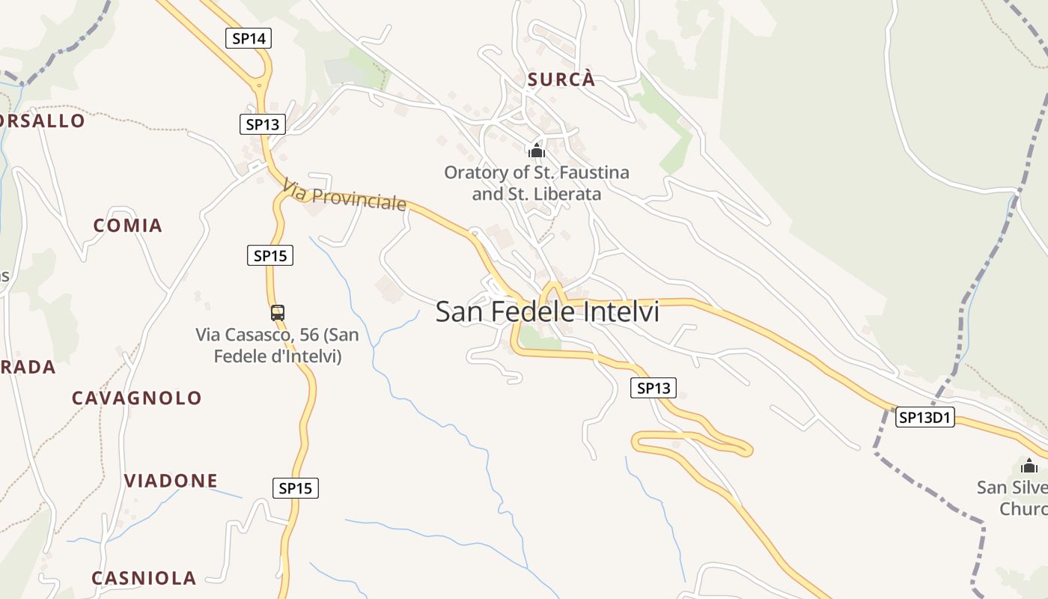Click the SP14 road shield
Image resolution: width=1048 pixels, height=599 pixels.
click(x=249, y=38)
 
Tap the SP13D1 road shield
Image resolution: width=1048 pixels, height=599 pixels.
click(x=925, y=418)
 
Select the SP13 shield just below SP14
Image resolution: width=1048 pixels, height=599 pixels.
click(x=263, y=124)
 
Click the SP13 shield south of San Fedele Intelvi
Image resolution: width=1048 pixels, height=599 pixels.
click(x=654, y=388)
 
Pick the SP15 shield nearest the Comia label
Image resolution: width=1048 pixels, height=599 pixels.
click(x=270, y=255)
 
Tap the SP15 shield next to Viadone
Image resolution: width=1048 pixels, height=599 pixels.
click(x=296, y=488)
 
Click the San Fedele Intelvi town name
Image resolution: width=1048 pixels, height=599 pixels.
click(x=547, y=311)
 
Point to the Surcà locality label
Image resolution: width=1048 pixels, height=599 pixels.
click(x=561, y=79)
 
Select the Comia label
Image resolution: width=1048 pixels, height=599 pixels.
click(x=127, y=225)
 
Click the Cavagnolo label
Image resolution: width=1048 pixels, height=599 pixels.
click(x=137, y=398)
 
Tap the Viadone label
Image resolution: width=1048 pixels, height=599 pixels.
click(x=171, y=481)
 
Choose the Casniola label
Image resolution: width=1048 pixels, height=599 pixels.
click(x=144, y=578)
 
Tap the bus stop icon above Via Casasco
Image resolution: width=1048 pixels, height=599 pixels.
click(x=278, y=312)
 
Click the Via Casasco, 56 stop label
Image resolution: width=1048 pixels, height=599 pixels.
click(x=278, y=345)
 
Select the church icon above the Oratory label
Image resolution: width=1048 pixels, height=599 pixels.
click(x=536, y=150)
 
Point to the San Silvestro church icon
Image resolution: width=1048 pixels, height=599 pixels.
click(x=1029, y=466)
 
